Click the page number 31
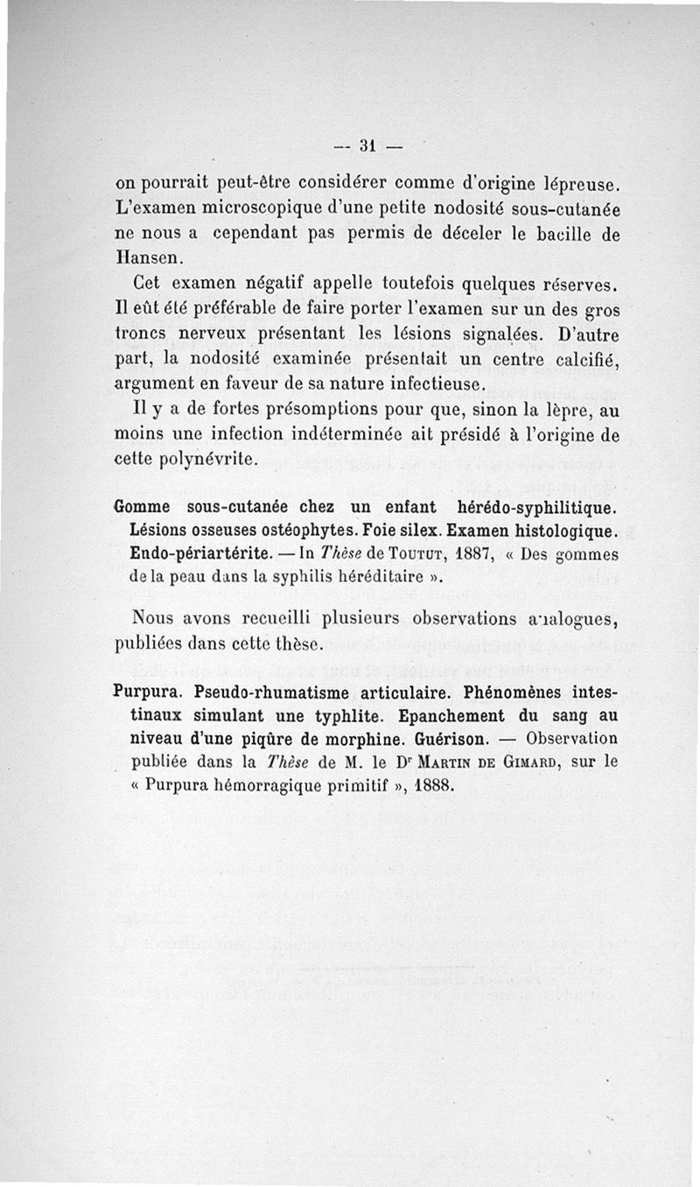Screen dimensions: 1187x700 (367, 146)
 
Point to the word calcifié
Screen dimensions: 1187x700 (577, 360)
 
